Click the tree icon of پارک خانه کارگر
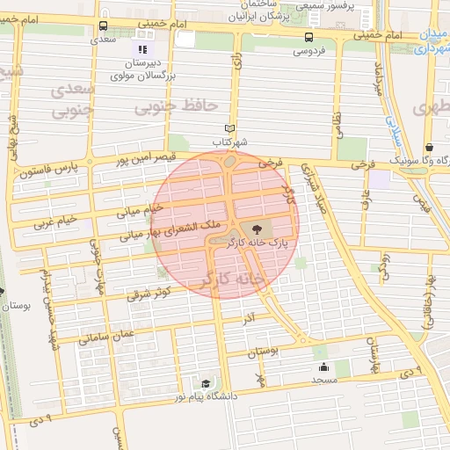(256, 229)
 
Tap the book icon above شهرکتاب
(230, 127)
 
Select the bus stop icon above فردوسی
(308, 37)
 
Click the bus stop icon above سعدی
(104, 26)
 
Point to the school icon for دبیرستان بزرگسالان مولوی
(142, 48)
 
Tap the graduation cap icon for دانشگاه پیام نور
(206, 383)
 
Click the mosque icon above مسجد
(323, 367)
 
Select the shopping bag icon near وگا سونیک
(428, 148)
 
